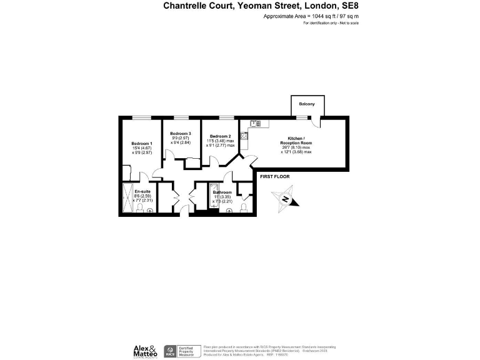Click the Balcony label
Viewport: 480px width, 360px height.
pyautogui.click(x=306, y=104)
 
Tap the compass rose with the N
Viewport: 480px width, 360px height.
pyautogui.click(x=285, y=200)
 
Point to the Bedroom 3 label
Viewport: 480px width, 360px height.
pyautogui.click(x=181, y=133)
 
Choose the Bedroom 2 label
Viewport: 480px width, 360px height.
pyautogui.click(x=221, y=136)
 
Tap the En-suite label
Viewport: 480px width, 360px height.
pyautogui.click(x=142, y=191)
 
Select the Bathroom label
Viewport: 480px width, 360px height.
pyautogui.click(x=222, y=192)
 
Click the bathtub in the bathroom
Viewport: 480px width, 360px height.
pyautogui.click(x=214, y=198)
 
